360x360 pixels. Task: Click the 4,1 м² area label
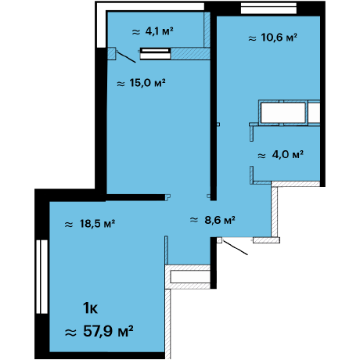coord(153,31)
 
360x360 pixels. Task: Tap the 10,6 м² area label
coord(272,38)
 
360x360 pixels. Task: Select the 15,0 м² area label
coord(141,83)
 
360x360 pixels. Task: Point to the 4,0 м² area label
coord(280,155)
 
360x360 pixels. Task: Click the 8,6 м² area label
coord(213,220)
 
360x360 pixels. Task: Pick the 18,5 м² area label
coord(90,224)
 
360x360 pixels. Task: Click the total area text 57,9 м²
coord(99,331)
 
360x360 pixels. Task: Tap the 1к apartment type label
coord(90,308)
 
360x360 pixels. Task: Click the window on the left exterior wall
coord(41,276)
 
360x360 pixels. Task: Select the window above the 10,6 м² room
coord(268,8)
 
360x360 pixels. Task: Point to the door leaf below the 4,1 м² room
coord(126,57)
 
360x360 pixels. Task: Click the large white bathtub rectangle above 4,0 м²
coord(283,113)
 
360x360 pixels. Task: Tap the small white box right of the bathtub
coord(314,113)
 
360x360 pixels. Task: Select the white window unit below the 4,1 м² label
coord(155,53)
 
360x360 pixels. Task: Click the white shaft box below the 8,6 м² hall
coord(190,277)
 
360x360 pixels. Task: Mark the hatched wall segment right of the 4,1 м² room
coord(207,30)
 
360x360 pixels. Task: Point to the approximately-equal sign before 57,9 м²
coord(70,333)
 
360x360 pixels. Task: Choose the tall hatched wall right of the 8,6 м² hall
coord(275,212)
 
